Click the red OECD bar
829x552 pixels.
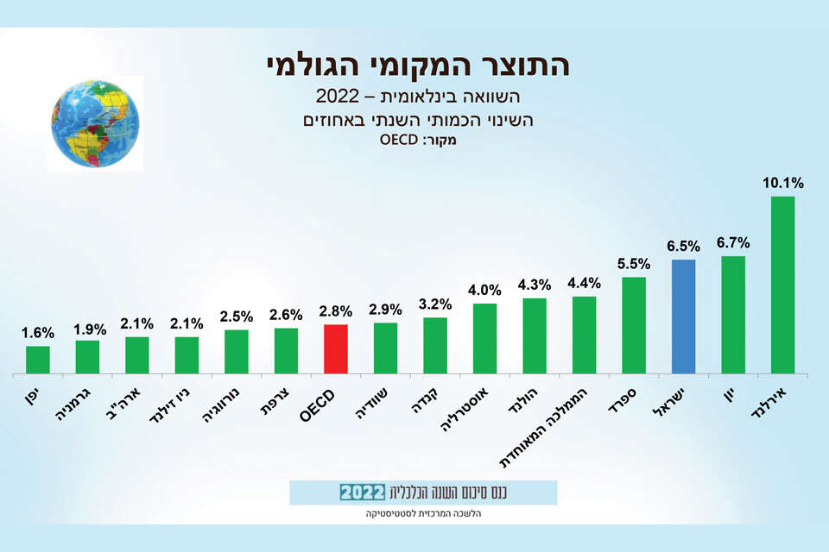coord(335,349)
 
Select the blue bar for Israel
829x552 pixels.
coord(683,317)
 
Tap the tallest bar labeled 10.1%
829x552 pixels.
coord(782,285)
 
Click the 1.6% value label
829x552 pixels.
coord(38,333)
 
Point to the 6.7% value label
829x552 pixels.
coord(733,242)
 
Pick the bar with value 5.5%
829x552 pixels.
coord(633,325)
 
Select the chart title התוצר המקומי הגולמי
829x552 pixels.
coord(415,65)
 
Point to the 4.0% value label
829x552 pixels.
coord(484,290)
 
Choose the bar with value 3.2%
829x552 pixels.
coord(435,345)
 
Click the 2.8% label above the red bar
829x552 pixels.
coord(336,310)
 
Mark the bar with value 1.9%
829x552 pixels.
coord(87,357)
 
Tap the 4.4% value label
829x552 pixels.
coord(584,283)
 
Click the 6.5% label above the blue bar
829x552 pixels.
coord(683,246)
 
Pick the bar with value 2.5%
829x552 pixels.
coord(237,352)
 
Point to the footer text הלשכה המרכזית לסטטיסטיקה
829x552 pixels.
coord(423,514)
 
